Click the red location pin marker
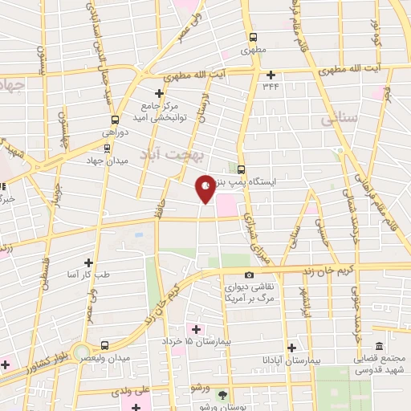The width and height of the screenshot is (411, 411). [205, 188]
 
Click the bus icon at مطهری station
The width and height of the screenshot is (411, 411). [254, 37]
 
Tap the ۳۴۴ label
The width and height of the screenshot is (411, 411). [270, 86]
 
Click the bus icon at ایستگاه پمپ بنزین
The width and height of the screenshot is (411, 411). [242, 169]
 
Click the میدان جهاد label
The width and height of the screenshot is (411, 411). [108, 160]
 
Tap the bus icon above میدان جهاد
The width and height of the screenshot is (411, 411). [108, 147]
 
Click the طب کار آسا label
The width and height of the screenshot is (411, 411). [89, 275]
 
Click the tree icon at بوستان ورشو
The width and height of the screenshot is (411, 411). [223, 394]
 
